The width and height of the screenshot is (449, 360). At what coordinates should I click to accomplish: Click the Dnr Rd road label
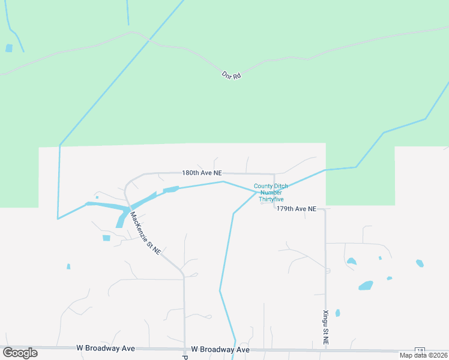coord(231,76)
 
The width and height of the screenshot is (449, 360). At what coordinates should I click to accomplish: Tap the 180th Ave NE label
coord(198,173)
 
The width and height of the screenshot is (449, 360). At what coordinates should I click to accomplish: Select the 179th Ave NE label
coord(297,209)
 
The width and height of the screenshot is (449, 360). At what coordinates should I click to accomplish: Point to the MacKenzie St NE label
coord(145,234)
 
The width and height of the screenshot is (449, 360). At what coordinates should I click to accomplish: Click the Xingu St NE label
coord(326,327)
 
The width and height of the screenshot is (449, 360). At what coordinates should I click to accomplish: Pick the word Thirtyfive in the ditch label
coord(271,199)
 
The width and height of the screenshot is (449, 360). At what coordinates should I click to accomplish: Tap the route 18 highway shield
coord(420,350)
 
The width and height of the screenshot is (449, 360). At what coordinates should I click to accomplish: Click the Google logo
coord(20,353)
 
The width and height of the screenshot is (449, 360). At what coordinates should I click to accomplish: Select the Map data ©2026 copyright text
coord(423,355)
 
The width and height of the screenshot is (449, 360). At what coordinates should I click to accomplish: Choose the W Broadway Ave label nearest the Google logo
coord(106,348)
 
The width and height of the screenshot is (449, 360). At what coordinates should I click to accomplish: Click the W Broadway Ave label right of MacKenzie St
coord(220,349)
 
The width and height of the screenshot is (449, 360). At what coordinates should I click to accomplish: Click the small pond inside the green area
coord(9,48)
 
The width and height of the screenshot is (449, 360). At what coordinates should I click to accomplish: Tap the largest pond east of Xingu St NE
coord(366,286)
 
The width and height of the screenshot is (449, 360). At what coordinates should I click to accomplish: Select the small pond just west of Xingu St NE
coord(338,313)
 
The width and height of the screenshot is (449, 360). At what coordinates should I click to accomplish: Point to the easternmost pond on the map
coord(420,263)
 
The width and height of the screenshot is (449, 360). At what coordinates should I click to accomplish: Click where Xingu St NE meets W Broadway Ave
coord(326,349)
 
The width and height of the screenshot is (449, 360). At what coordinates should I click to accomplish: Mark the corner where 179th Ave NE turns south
coord(325,209)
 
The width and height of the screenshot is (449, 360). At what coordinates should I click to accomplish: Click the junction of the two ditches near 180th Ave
coord(256,193)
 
